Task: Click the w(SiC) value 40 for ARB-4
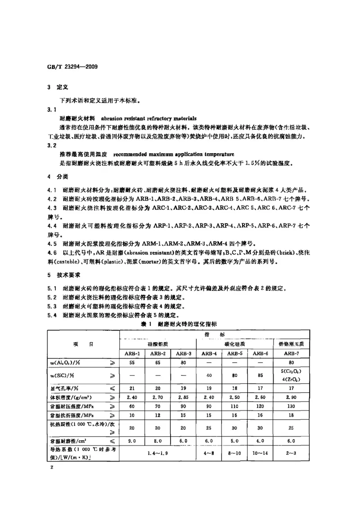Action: pyautogui.click(x=209, y=376)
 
